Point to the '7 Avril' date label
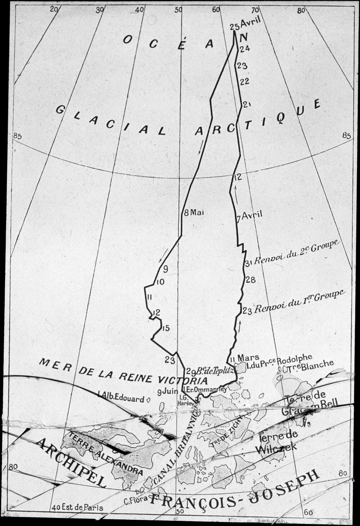249,217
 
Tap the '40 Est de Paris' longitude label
77,508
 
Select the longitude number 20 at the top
54,10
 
